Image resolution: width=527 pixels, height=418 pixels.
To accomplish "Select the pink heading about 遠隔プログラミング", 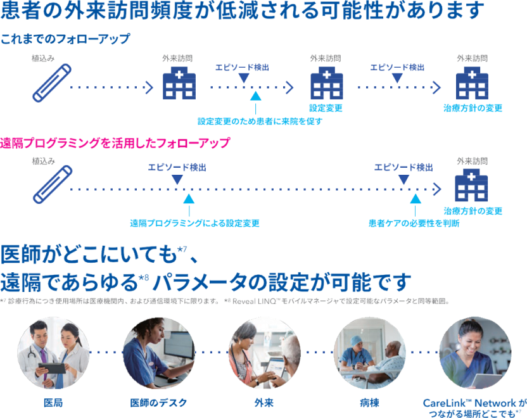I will point(115,143).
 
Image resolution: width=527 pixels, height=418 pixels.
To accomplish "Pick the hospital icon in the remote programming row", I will point(473,186).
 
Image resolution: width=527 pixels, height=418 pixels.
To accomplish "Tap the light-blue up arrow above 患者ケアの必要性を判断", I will point(415,199).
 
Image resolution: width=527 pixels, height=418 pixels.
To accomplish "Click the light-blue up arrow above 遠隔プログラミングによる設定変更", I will point(188,199).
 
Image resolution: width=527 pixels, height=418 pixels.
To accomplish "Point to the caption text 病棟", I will point(370,402).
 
